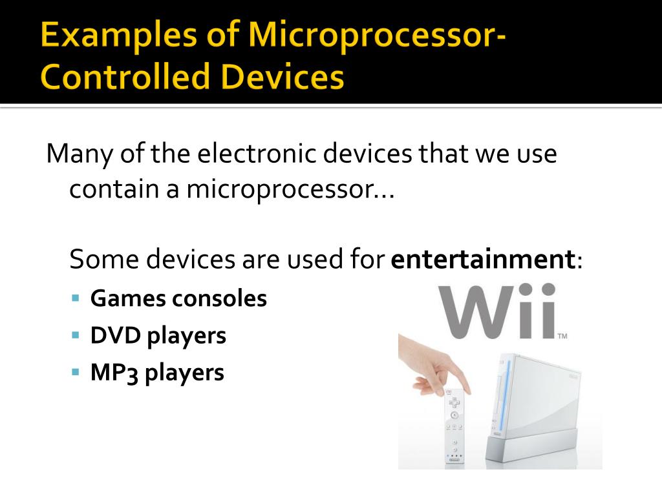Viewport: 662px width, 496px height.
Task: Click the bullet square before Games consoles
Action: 76,299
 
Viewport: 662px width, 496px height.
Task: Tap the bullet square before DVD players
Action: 76,336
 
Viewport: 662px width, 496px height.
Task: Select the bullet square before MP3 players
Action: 76,373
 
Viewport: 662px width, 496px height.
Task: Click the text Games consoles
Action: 178,299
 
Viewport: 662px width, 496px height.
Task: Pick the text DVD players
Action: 158,336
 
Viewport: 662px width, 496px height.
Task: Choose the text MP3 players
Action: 157,373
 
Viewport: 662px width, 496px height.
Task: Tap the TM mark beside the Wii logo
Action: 562,336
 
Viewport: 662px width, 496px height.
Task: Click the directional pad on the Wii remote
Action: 454,402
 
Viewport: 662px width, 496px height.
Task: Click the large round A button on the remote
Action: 454,415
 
